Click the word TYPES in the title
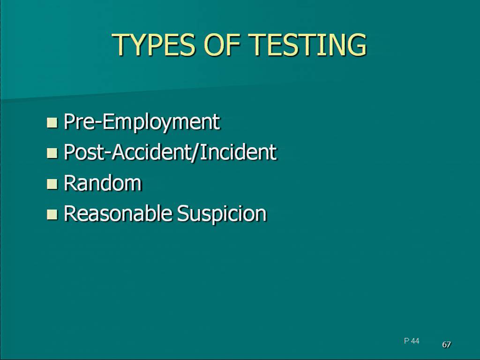[x=154, y=45]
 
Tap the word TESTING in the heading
[x=307, y=45]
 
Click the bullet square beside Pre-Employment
[x=52, y=122]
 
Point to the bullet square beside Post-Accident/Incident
[x=52, y=153]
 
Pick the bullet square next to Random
[x=52, y=184]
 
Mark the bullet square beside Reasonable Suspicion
[x=52, y=214]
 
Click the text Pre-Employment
[x=142, y=122]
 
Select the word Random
[x=103, y=183]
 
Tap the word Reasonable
[x=118, y=213]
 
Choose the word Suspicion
[x=222, y=214]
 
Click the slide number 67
[x=446, y=345]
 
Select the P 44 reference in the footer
[x=412, y=341]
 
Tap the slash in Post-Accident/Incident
[x=194, y=152]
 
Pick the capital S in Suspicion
[x=183, y=213]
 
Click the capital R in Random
[x=70, y=183]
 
